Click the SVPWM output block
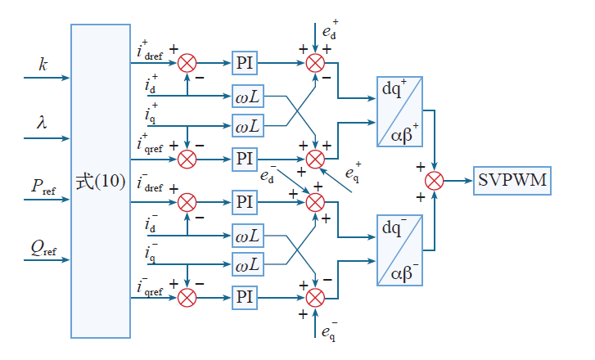pyautogui.click(x=512, y=179)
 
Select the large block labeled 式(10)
pyautogui.click(x=100, y=181)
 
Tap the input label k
pyautogui.click(x=43, y=63)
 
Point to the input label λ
pyautogui.click(x=42, y=122)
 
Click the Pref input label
pyautogui.click(x=43, y=186)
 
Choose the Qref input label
pyautogui.click(x=43, y=247)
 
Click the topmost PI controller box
pyautogui.click(x=245, y=62)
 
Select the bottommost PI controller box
pyautogui.click(x=245, y=296)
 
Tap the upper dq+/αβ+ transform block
pyautogui.click(x=401, y=111)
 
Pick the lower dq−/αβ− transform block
pyautogui.click(x=401, y=250)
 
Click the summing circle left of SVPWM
pyautogui.click(x=435, y=179)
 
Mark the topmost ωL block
pyautogui.click(x=247, y=96)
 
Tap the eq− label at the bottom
pyautogui.click(x=329, y=332)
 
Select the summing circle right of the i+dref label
pyautogui.click(x=187, y=62)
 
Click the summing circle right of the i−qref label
pyautogui.click(x=187, y=296)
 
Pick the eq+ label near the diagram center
pyautogui.click(x=354, y=173)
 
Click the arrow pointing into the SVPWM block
pyautogui.click(x=467, y=179)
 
